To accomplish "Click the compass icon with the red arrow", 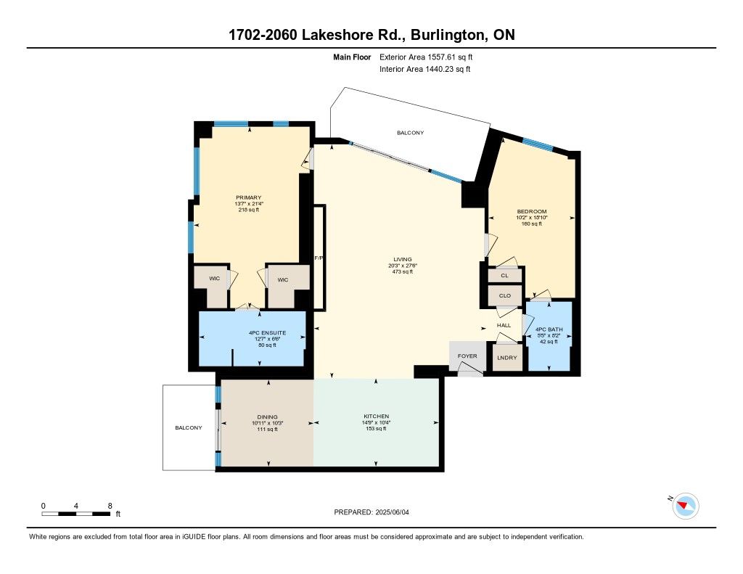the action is (x=686, y=506).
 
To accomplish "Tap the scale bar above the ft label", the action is (x=75, y=513).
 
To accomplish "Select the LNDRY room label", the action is (x=506, y=357).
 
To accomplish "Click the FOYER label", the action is (x=467, y=356).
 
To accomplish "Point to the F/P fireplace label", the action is (x=319, y=258).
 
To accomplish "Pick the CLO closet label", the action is (x=505, y=295).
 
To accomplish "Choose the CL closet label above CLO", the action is (x=504, y=275).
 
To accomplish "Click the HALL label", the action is (x=504, y=325).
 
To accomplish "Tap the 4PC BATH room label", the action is (x=549, y=329).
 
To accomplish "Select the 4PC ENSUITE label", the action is (x=267, y=333).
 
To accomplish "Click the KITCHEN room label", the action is (x=377, y=416).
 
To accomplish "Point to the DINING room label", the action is (x=267, y=417).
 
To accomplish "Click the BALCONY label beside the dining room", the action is (x=189, y=427).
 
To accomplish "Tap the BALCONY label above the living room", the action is (x=411, y=133).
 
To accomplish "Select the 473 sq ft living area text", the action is (x=402, y=271).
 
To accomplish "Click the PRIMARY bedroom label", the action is (x=249, y=197).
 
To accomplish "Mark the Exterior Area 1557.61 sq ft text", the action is (x=426, y=57).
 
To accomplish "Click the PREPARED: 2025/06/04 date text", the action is (x=371, y=512).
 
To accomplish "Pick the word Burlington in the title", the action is (x=447, y=35).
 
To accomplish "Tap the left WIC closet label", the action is (x=215, y=278).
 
